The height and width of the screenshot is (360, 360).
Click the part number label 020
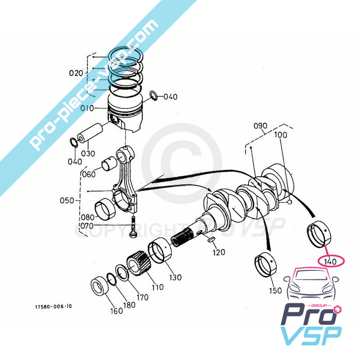click(76, 72)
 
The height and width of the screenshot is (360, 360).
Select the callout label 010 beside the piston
click(87, 108)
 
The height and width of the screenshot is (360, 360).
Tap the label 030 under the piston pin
click(88, 153)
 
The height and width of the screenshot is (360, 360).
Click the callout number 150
click(275, 291)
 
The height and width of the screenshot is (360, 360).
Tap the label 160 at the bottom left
click(117, 311)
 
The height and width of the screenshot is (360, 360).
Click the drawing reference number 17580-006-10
click(53, 307)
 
